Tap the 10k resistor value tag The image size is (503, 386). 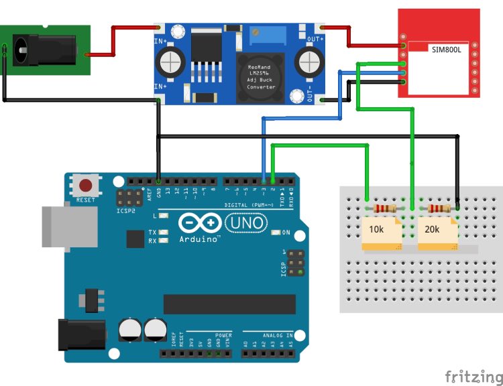377,229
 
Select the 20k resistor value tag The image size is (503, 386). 433,229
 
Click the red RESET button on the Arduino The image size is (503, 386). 86,186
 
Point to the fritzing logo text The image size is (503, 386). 473,376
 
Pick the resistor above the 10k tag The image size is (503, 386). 386,208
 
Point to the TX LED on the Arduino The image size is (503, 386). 163,232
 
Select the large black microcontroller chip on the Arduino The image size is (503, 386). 229,304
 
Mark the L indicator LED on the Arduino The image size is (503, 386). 163,216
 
